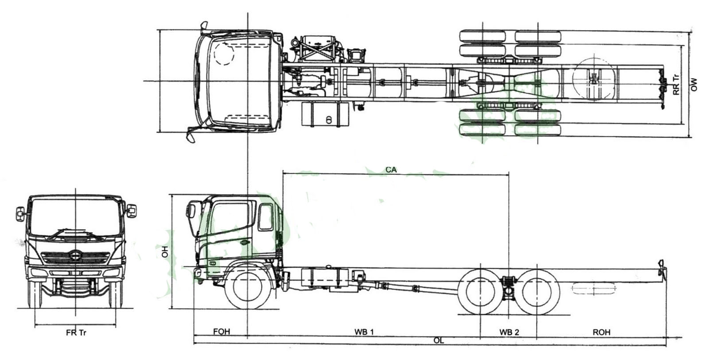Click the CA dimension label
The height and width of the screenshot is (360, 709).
pos(391,169)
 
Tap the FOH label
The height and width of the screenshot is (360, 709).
pos(222,332)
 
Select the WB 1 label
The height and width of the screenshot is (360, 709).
pos(364,332)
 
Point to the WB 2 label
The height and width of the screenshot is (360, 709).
pos(509,332)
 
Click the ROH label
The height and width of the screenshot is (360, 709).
pos(601,332)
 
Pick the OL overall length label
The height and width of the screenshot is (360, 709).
pos(439,340)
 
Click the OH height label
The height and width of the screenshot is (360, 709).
pos(165,252)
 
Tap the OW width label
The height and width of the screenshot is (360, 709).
pos(694,85)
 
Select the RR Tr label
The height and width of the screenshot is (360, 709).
pos(676,84)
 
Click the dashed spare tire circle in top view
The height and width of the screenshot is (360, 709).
pos(594,79)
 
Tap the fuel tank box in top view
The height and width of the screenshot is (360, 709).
pos(326,114)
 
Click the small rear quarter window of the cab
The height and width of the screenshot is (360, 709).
pos(266,217)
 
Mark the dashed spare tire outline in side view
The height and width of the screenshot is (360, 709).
pos(594,289)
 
